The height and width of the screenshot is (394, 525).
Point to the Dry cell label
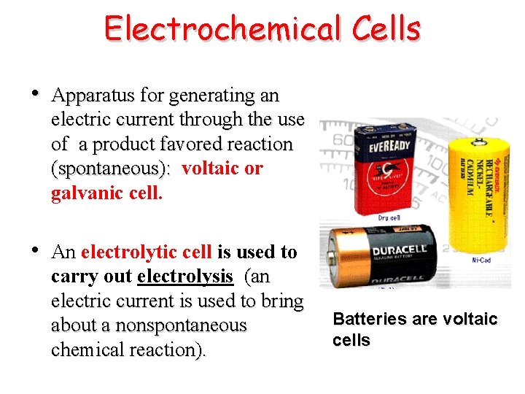(x=388, y=217)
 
